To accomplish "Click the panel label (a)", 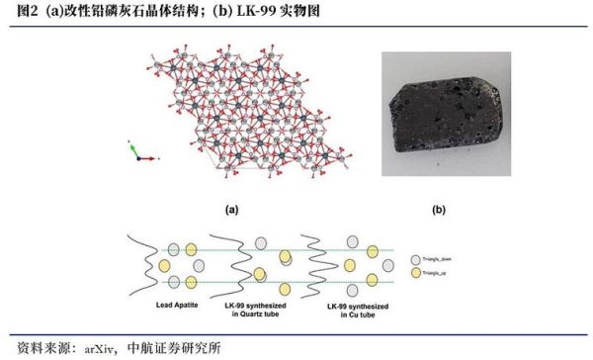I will pyautogui.click(x=233, y=210).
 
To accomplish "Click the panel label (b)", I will pyautogui.click(x=439, y=210).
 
